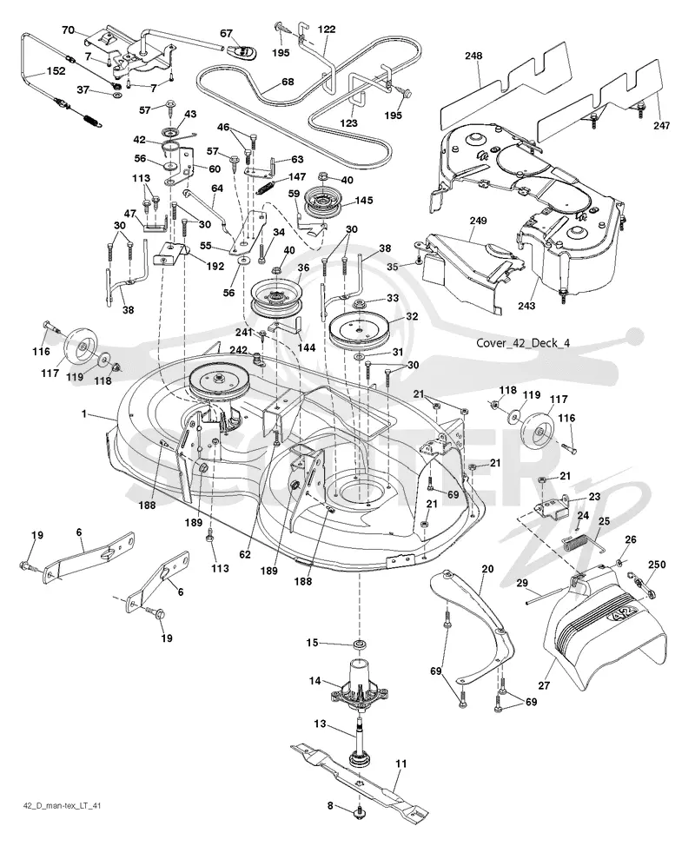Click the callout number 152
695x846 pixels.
point(56,70)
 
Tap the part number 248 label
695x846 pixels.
point(473,56)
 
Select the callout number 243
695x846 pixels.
point(526,306)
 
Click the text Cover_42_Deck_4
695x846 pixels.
point(523,343)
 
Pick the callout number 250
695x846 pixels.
point(656,565)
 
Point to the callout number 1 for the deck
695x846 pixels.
point(83,413)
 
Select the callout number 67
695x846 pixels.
point(227,34)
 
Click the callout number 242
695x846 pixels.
point(238,350)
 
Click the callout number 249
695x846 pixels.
point(478,220)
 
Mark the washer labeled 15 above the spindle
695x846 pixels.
point(357,644)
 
